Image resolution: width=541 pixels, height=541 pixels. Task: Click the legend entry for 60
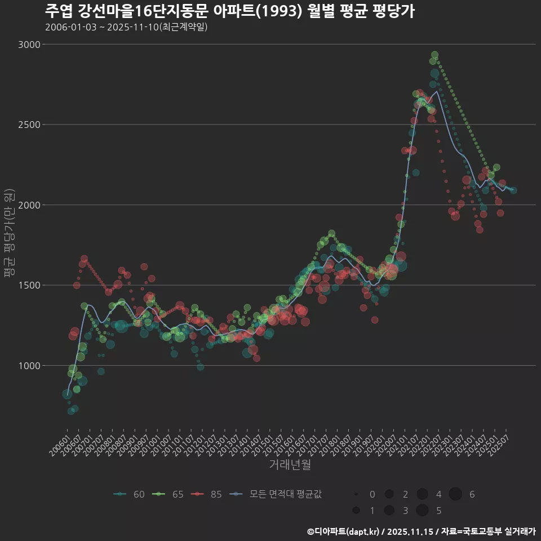click(129, 494)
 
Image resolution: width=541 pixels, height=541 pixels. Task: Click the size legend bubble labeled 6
click(455, 494)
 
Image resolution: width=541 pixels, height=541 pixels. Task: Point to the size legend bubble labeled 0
click(356, 494)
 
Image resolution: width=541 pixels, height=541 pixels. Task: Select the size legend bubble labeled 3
click(389, 511)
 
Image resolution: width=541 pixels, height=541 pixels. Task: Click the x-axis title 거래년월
click(290, 464)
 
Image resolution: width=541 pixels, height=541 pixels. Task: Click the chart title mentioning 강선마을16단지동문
click(229, 11)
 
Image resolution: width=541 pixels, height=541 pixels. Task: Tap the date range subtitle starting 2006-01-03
click(126, 27)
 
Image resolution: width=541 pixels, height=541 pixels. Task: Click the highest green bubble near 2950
click(434, 55)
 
